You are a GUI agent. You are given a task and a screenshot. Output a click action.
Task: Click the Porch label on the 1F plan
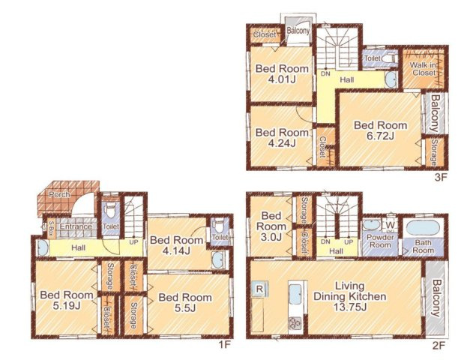(59, 195)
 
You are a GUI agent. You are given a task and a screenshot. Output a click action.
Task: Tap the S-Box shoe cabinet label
(52, 229)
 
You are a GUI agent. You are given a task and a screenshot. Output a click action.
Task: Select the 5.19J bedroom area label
(67, 300)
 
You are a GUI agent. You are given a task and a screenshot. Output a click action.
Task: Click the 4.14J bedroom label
(177, 245)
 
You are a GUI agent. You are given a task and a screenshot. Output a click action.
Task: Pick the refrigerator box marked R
(259, 289)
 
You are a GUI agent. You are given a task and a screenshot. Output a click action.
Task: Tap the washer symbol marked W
(390, 225)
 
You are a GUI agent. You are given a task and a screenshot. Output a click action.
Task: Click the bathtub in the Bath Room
(423, 228)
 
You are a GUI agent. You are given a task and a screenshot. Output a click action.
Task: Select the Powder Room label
(380, 241)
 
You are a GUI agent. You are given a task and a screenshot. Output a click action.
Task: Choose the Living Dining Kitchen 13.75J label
(349, 296)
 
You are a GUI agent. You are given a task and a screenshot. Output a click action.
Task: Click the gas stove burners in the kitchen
(295, 324)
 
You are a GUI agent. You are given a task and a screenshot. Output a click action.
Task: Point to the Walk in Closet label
(423, 69)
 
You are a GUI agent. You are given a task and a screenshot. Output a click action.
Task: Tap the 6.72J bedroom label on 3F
(380, 130)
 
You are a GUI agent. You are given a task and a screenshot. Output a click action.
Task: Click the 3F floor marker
(441, 177)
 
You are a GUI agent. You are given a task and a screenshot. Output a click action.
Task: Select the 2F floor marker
(439, 346)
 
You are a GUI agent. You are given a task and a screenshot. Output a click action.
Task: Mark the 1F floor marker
(225, 346)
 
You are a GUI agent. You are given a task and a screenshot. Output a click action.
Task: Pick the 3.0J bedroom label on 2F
(271, 226)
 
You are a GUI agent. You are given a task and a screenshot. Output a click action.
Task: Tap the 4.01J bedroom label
(282, 73)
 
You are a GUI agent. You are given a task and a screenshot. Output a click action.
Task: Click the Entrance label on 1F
(76, 226)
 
